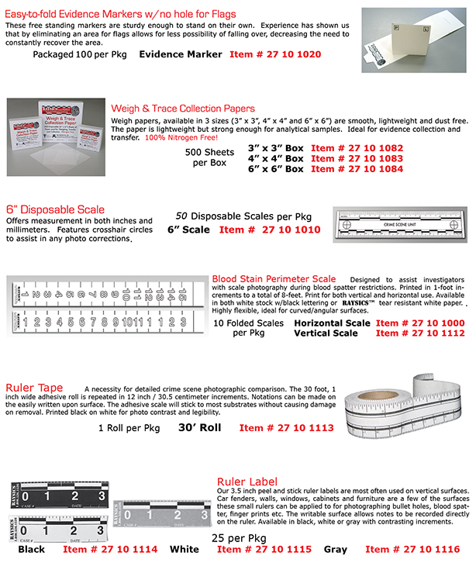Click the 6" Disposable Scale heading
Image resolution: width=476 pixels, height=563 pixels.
point(54,209)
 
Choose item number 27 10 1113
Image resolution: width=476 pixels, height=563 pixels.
point(286,427)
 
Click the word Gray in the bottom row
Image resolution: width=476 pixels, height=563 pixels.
point(336,549)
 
